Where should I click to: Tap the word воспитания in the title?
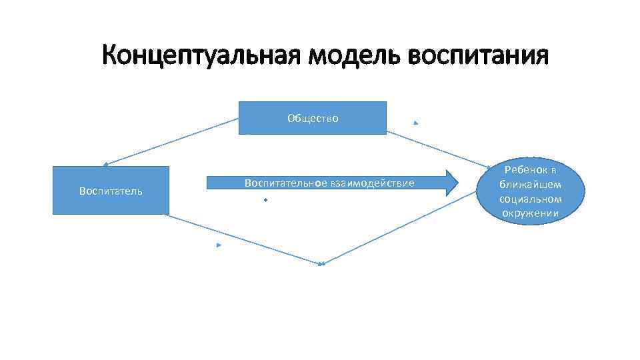pyautogui.click(x=478, y=55)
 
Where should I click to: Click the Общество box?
pyautogui.click(x=313, y=118)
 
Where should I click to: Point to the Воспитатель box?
pyautogui.click(x=111, y=191)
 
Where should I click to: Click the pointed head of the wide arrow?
pyautogui.click(x=451, y=183)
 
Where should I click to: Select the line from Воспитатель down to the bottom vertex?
pyautogui.click(x=243, y=239)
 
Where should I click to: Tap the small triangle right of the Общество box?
pyautogui.click(x=415, y=123)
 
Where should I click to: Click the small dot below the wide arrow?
pyautogui.click(x=265, y=199)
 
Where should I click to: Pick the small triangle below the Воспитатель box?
pyautogui.click(x=218, y=245)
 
